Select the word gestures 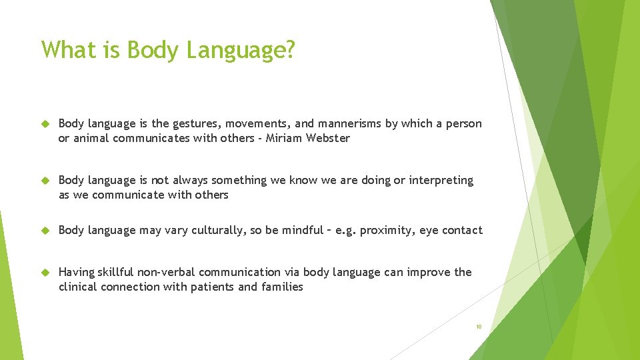click(196, 123)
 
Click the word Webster click(329, 138)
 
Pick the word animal click(91, 138)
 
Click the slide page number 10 click(478, 327)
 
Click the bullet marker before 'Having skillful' click(46, 273)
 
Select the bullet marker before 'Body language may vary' click(46, 231)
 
